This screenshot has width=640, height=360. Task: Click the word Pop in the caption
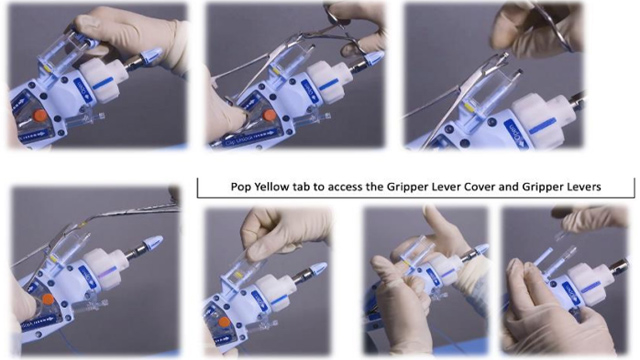coord(241,187)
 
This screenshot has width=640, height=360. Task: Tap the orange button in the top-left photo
coord(40,116)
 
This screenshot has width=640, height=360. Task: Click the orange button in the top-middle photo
coord(269,116)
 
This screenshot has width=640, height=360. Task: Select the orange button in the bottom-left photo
coord(48,300)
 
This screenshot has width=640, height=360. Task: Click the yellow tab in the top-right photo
coord(470,107)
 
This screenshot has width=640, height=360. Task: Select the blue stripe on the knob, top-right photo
coord(542,126)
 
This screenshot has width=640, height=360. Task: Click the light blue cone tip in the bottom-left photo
coord(154,242)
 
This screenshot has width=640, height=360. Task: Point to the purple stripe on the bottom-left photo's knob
coord(107,271)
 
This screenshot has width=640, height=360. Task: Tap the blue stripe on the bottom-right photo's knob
coord(590,289)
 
